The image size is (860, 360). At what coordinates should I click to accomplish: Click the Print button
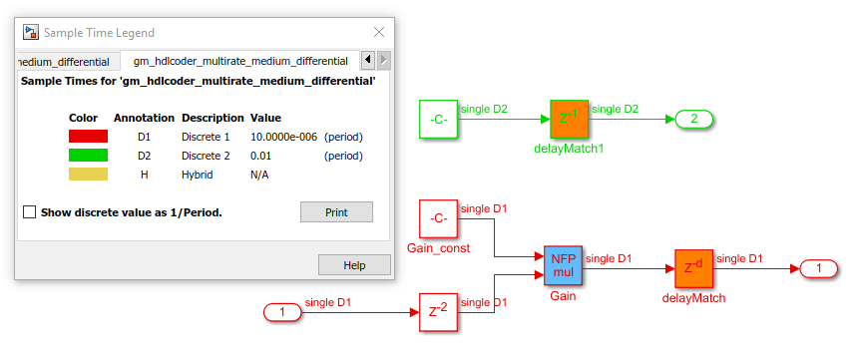[336, 212]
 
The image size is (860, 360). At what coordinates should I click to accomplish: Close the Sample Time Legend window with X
[378, 32]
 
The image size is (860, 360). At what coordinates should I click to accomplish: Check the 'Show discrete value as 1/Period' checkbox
[29, 212]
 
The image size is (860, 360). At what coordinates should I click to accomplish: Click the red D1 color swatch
[88, 136]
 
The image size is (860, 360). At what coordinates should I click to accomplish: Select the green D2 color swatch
[88, 155]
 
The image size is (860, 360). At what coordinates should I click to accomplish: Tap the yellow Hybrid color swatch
[88, 175]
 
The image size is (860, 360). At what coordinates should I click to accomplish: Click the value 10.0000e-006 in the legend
[283, 137]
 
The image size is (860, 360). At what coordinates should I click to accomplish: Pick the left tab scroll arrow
[368, 60]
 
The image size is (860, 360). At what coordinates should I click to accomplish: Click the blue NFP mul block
[564, 265]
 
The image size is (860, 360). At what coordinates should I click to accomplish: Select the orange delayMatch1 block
[570, 120]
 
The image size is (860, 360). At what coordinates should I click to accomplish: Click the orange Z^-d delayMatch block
[693, 268]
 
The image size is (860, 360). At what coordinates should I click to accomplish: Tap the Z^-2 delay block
[438, 312]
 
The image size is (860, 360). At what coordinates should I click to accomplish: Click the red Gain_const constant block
[438, 218]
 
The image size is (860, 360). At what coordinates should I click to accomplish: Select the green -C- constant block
[438, 120]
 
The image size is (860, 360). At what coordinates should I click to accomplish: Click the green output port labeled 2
[693, 119]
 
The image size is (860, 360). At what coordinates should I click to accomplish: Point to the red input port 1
[282, 312]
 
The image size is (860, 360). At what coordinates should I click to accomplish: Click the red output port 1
[819, 268]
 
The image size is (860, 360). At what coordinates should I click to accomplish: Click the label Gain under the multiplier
[564, 296]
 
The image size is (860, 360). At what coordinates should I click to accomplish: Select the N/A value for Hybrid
[259, 175]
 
